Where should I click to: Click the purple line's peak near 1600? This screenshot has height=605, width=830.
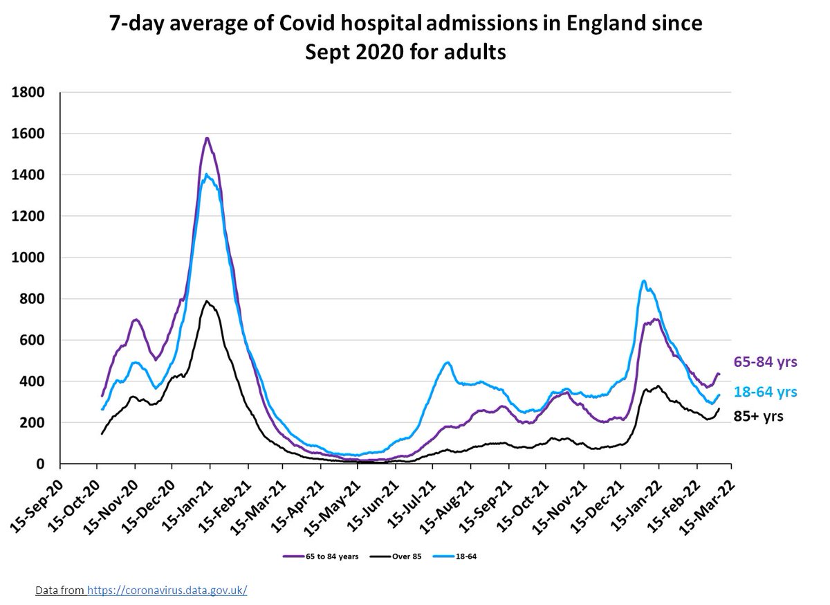207,138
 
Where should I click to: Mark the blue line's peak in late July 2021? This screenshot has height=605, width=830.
448,362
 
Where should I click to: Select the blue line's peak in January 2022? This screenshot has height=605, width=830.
643,281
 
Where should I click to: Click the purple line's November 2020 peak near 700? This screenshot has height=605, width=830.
136,319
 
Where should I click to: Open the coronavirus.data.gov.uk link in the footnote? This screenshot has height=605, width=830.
167,590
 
